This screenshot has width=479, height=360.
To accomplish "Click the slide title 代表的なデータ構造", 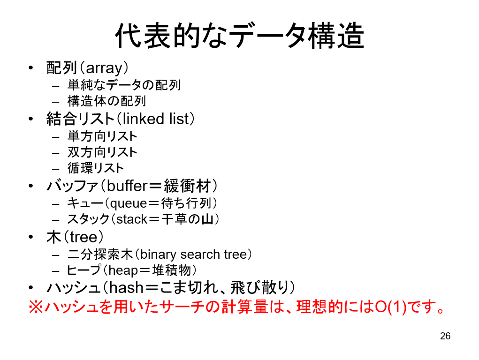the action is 239,36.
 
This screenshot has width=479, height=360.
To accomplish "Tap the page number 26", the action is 445,336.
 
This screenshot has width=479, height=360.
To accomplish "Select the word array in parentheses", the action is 104,68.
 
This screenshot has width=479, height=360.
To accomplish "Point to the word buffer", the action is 127,186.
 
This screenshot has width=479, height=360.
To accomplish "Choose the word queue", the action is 129,204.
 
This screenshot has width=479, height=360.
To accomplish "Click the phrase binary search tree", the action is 193,255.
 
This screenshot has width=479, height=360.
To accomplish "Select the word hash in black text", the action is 127,287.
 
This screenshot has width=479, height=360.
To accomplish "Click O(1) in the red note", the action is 391,307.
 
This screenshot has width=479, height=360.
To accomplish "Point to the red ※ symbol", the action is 36,307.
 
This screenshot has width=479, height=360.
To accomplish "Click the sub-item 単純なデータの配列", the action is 124,85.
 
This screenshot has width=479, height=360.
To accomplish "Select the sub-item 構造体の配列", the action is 106,101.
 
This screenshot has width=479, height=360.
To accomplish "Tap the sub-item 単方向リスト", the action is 102,136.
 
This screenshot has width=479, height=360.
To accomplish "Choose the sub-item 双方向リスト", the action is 102,152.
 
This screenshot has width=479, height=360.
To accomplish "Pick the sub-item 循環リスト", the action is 96,168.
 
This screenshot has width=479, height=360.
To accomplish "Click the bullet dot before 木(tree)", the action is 30,237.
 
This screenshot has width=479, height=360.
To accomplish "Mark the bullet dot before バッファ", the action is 30,186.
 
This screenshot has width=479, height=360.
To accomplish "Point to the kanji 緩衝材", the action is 188,186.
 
